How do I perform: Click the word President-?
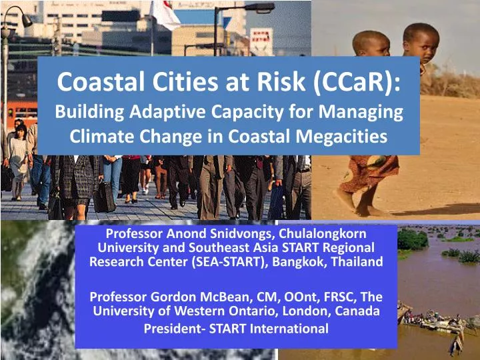click(173, 328)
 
